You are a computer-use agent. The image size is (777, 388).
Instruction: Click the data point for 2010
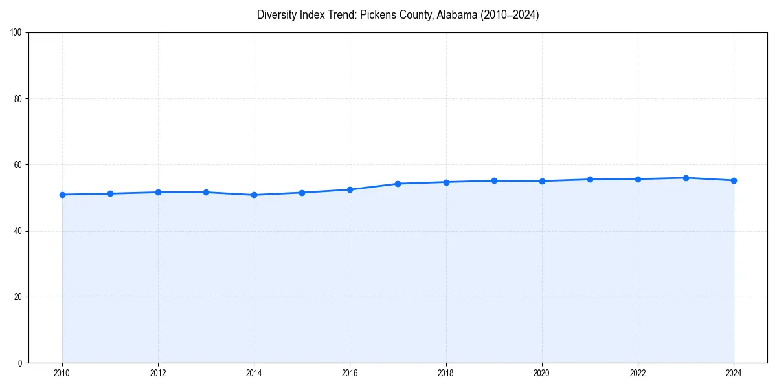click(x=62, y=195)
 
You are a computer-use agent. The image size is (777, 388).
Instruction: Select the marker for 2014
click(x=254, y=195)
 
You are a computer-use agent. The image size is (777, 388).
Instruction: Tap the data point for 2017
click(x=398, y=184)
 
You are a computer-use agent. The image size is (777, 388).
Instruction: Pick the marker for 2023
click(x=686, y=178)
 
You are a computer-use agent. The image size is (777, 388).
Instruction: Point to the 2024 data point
click(x=734, y=180)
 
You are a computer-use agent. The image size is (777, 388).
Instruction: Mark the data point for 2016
click(x=350, y=189)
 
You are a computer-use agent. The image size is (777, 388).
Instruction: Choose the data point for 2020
click(x=542, y=181)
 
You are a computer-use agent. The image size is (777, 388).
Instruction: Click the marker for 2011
click(x=110, y=193)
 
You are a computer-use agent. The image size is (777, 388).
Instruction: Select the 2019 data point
click(x=494, y=180)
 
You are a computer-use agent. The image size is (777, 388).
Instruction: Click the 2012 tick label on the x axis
click(x=158, y=372)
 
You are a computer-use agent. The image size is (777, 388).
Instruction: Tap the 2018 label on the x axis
click(x=445, y=372)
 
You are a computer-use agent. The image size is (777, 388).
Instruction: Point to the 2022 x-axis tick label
click(x=638, y=372)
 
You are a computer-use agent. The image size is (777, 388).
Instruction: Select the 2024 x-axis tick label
click(x=734, y=372)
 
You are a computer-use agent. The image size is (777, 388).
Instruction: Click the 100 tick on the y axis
click(x=16, y=33)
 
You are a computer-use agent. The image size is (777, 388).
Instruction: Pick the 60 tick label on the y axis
click(x=18, y=165)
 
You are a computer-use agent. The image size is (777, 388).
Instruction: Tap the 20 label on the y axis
click(x=18, y=297)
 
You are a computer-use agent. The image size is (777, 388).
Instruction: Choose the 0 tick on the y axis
click(x=20, y=363)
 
